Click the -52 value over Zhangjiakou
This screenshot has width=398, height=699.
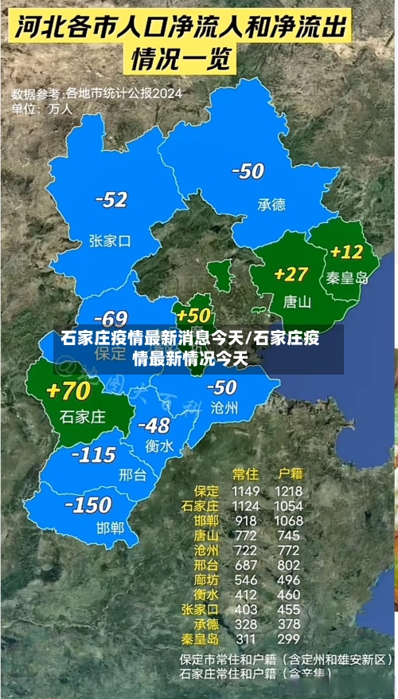(x=111, y=200)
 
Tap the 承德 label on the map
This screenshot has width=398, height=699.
(x=271, y=204)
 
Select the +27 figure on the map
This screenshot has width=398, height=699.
(x=291, y=274)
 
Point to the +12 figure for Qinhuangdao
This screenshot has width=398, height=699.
(x=346, y=253)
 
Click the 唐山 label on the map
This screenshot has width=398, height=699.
(x=297, y=302)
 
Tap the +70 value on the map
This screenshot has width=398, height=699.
(x=68, y=391)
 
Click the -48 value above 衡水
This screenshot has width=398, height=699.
(x=153, y=425)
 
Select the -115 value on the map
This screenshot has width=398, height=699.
(x=94, y=456)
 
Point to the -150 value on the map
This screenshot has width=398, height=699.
(x=88, y=505)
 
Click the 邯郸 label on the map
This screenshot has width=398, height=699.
(x=110, y=528)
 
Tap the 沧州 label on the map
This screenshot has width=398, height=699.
(x=224, y=407)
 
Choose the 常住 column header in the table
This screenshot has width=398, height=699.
(x=245, y=473)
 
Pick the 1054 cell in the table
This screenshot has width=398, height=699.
(x=287, y=505)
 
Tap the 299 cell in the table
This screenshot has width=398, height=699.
(x=287, y=638)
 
